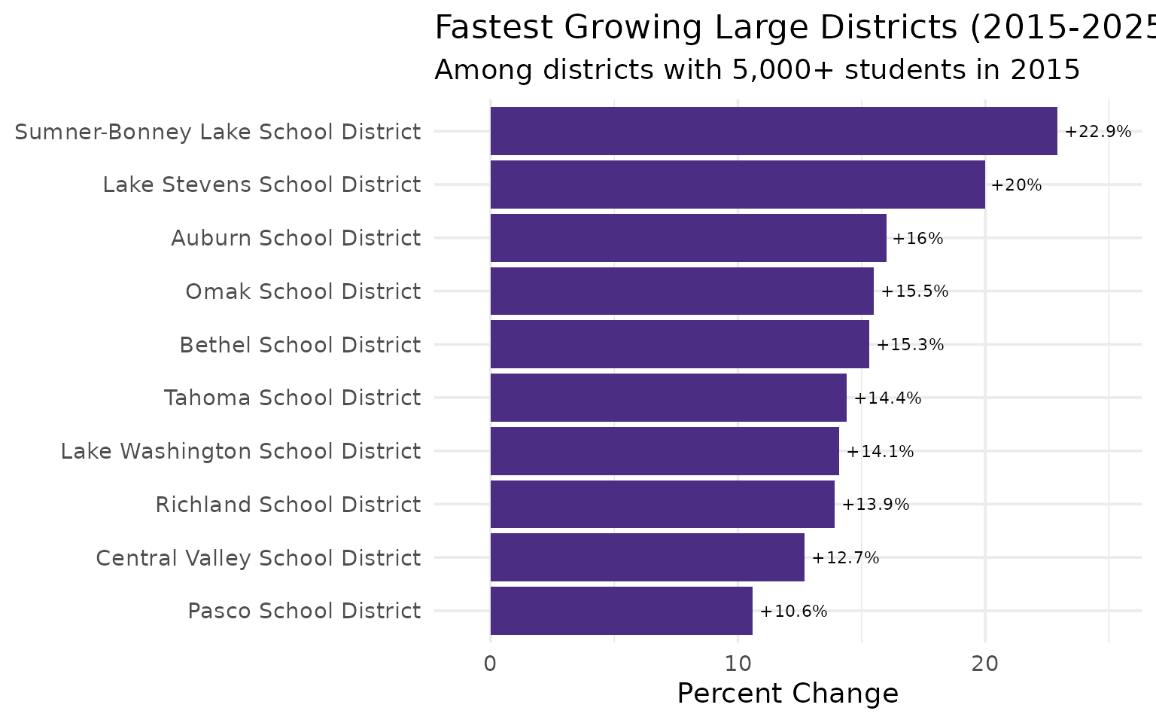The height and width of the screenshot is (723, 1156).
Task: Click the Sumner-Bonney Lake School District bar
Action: [x=774, y=131]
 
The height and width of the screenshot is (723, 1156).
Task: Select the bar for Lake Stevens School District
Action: [x=738, y=185]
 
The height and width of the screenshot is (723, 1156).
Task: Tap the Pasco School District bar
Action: [x=621, y=611]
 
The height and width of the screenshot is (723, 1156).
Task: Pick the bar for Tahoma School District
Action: [x=668, y=398]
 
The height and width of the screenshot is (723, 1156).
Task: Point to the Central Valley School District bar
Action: [x=647, y=557]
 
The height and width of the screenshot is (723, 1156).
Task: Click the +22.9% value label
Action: [x=1097, y=132]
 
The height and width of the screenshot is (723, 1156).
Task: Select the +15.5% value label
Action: [x=914, y=291]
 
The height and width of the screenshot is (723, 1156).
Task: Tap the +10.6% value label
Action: [x=793, y=611]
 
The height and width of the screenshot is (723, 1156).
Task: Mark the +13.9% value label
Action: [x=875, y=505]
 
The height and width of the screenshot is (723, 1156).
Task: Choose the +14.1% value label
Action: [x=880, y=451]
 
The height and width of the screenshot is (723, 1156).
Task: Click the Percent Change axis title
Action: [x=787, y=693]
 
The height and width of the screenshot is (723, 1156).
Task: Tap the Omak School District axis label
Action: [x=303, y=291]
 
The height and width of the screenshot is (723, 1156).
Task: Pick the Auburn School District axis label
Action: [x=296, y=238]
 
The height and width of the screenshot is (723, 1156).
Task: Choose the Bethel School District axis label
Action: [x=300, y=345]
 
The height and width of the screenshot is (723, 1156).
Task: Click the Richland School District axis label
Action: [x=287, y=505]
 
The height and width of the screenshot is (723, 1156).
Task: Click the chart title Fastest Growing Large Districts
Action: [x=795, y=28]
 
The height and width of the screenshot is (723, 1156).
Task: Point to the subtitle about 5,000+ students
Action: [x=757, y=70]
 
